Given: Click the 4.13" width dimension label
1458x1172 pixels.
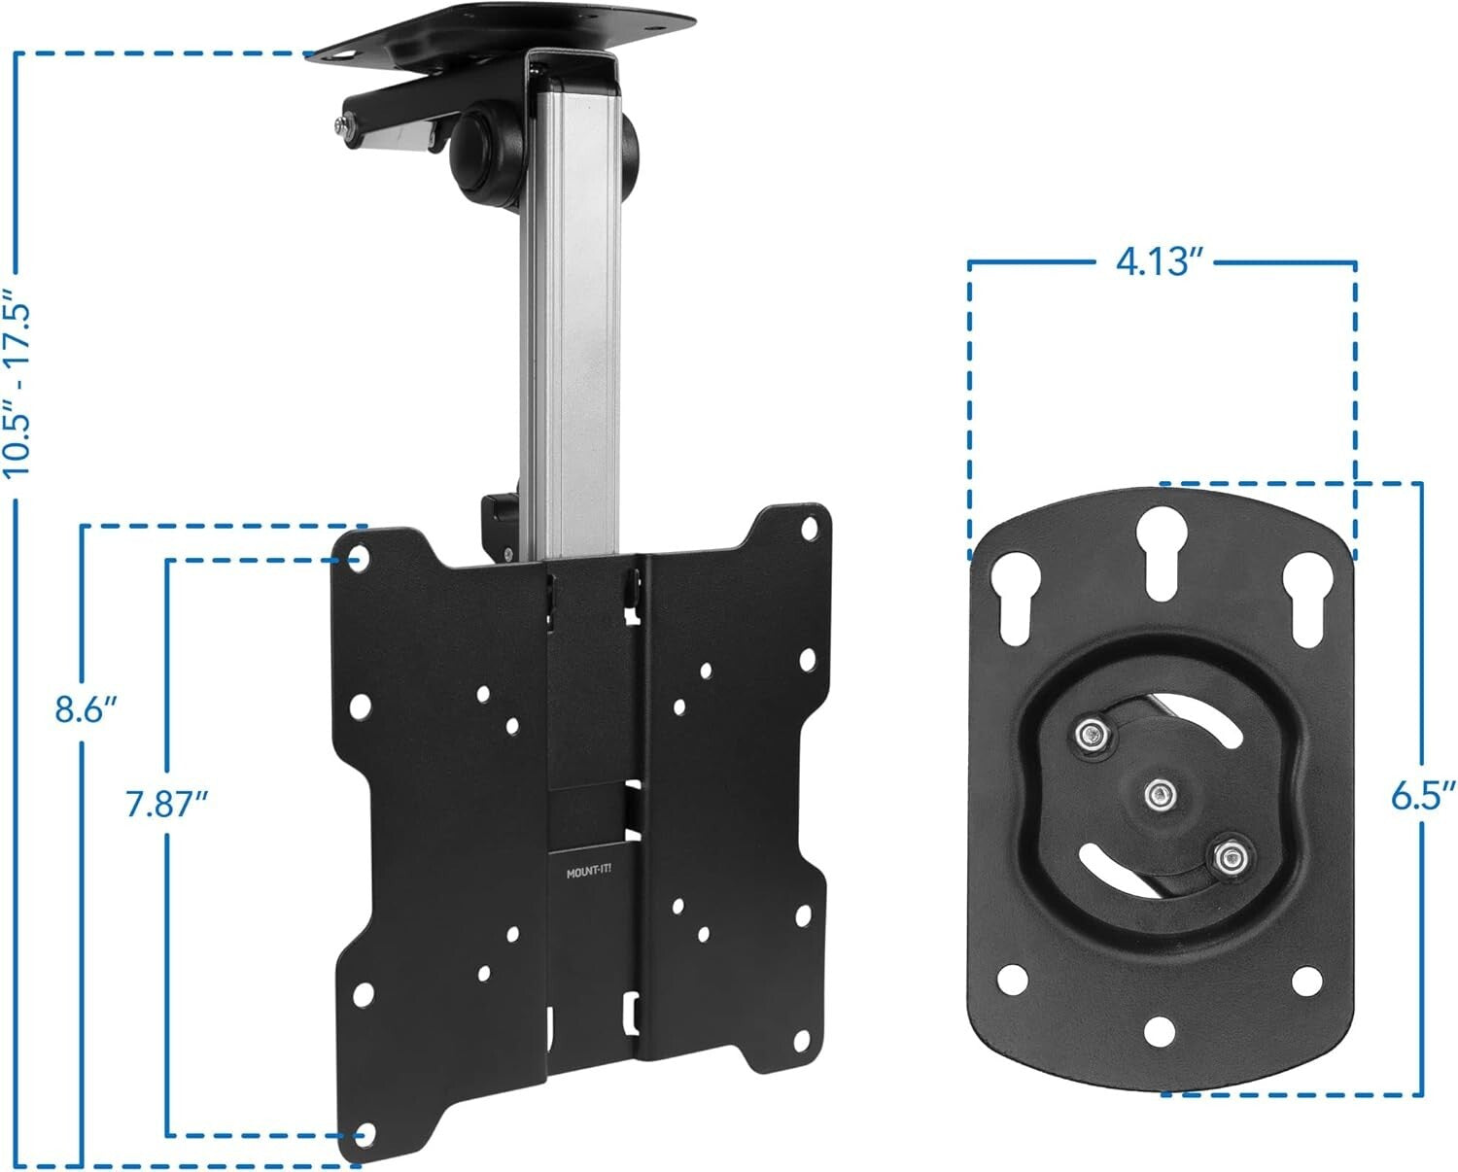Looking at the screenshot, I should (x=1161, y=261).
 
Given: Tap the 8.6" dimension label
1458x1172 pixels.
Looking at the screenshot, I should (x=86, y=708).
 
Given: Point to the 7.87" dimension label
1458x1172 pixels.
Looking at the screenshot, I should (x=167, y=805).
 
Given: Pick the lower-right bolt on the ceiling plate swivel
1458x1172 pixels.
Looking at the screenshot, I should (x=1231, y=857).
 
